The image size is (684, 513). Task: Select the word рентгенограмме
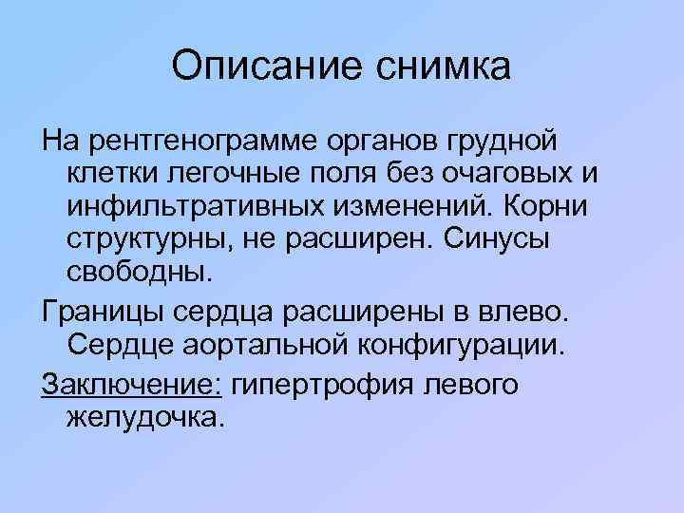point(204,142)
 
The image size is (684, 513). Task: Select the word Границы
point(104,311)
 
